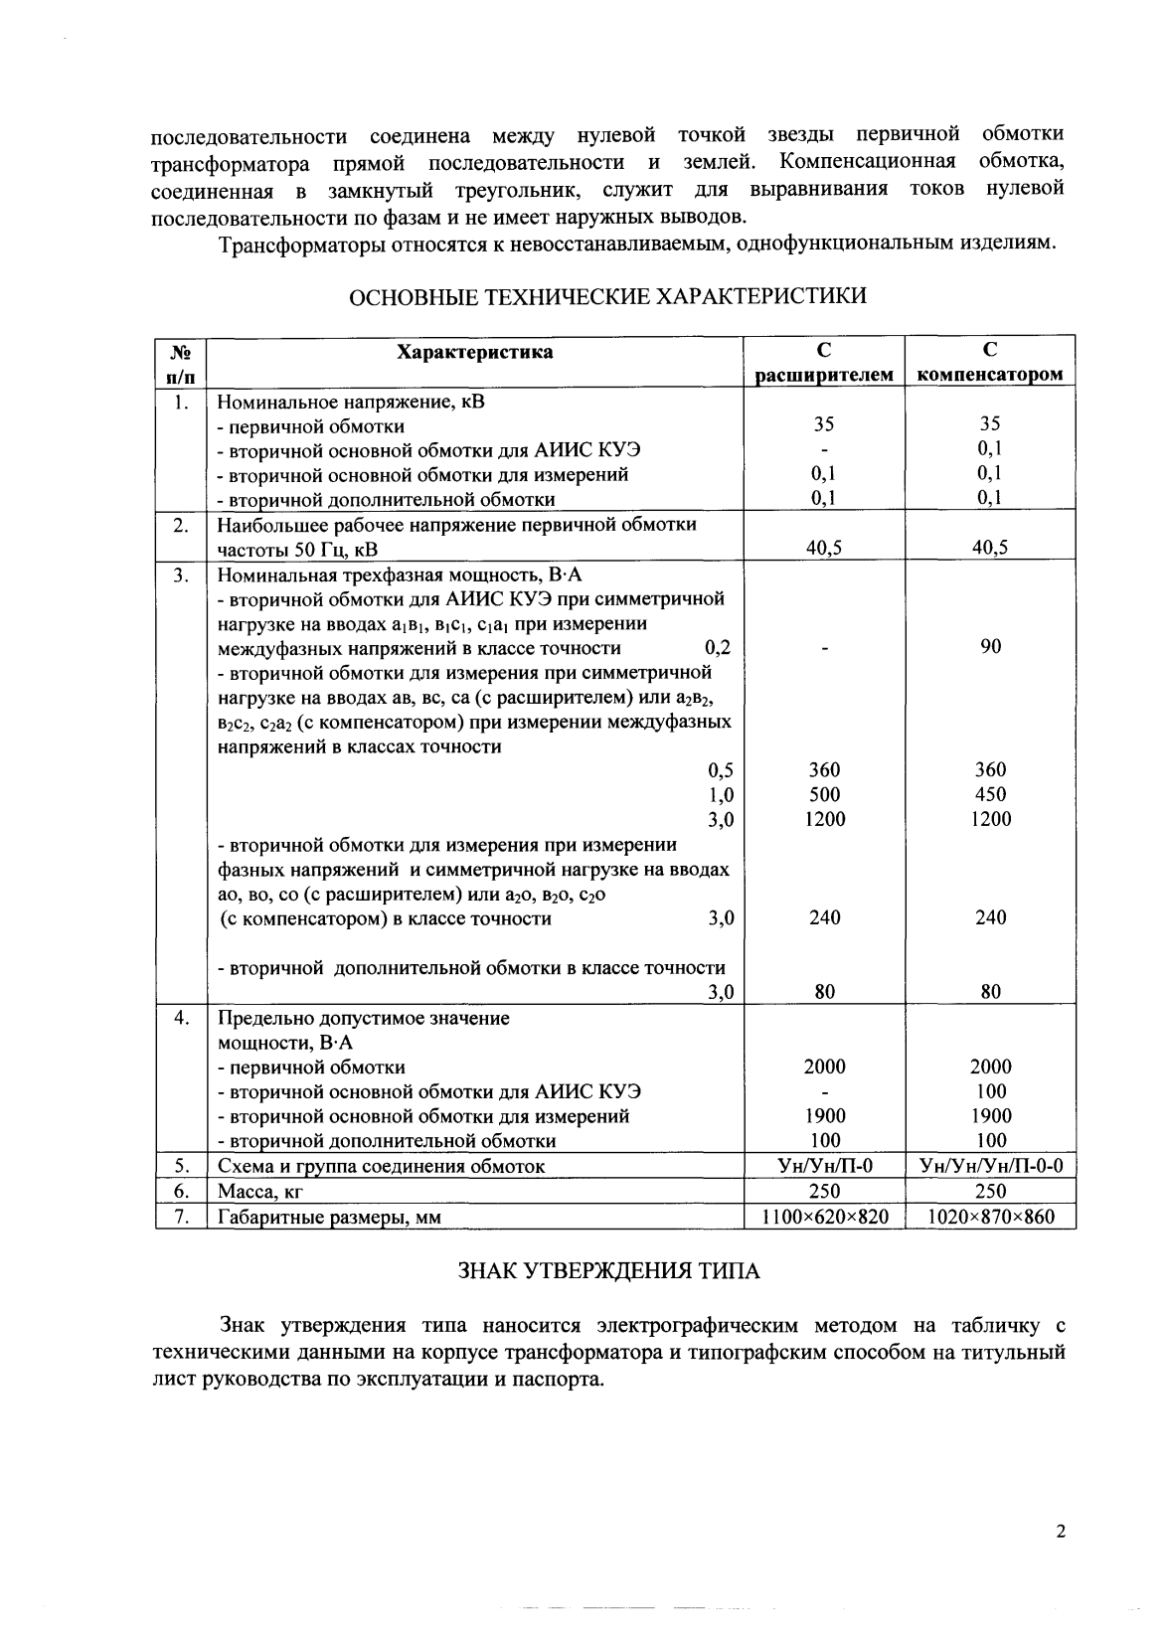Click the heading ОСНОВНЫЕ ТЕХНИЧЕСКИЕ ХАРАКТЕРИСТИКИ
tap(609, 296)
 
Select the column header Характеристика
tap(475, 352)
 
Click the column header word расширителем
tap(824, 375)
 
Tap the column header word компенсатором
tap(990, 375)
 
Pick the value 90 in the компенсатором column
tap(990, 647)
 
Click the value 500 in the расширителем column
tap(824, 794)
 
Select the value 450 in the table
tap(990, 794)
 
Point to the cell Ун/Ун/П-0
tap(824, 1166)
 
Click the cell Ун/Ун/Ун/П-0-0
tap(990, 1166)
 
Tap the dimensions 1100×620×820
tap(824, 1216)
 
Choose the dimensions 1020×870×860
tap(990, 1216)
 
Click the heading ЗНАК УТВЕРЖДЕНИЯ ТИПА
tap(608, 1271)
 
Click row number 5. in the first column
tap(181, 1166)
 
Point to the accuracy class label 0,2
tap(718, 648)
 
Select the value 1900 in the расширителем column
tap(824, 1116)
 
